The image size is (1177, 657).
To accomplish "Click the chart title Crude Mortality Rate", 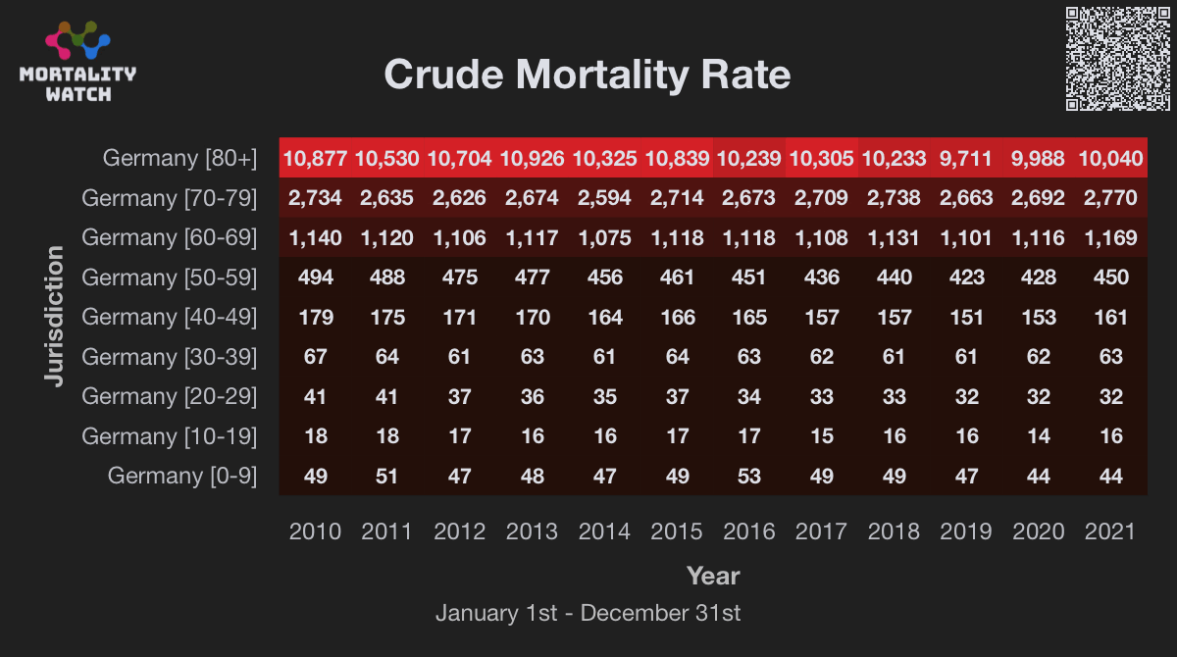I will pyautogui.click(x=587, y=75).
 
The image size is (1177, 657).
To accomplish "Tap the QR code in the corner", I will pyautogui.click(x=1117, y=58).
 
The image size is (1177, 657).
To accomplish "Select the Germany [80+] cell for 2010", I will pyautogui.click(x=315, y=158).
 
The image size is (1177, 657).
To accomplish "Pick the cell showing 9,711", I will pyautogui.click(x=966, y=158).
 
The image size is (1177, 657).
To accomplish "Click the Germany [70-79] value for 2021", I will pyautogui.click(x=1110, y=198).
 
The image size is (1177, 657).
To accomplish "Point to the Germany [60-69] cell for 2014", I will pyautogui.click(x=604, y=237).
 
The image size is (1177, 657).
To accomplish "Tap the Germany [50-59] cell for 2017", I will pyautogui.click(x=821, y=278).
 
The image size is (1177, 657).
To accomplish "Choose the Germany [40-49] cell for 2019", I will pyautogui.click(x=966, y=317).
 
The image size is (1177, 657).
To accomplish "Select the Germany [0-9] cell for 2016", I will pyautogui.click(x=749, y=476).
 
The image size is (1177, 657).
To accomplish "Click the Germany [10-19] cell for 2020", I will pyautogui.click(x=1038, y=435).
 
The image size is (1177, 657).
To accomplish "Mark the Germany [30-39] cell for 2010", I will pyautogui.click(x=315, y=357).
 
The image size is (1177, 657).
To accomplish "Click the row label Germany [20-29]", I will pyautogui.click(x=169, y=396).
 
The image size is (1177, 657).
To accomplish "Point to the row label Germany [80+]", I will pyautogui.click(x=179, y=158).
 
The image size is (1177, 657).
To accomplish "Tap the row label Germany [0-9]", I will pyautogui.click(x=181, y=476).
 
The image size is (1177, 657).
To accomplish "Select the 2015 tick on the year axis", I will pyautogui.click(x=677, y=531).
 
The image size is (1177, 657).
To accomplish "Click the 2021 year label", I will pyautogui.click(x=1110, y=531).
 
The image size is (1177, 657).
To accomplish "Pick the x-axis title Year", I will pyautogui.click(x=713, y=576).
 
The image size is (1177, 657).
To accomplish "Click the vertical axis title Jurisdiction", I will pyautogui.click(x=55, y=316).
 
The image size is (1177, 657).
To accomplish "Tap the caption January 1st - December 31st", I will pyautogui.click(x=588, y=614).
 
